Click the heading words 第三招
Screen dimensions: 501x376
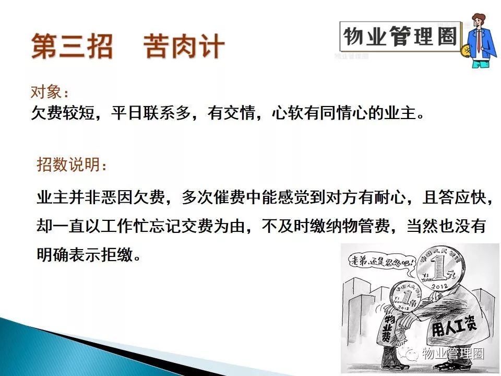(72, 46)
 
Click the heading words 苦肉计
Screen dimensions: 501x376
(184, 46)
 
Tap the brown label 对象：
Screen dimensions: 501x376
(50, 92)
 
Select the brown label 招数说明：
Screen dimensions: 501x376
(71, 164)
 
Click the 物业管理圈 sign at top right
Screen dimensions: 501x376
(400, 36)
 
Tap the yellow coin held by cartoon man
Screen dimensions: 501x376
(466, 51)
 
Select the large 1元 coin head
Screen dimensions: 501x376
(439, 268)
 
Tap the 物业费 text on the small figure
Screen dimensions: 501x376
(388, 328)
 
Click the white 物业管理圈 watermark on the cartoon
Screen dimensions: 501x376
(453, 354)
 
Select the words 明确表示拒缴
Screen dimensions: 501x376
(85, 255)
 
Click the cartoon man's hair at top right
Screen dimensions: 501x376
(479, 19)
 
